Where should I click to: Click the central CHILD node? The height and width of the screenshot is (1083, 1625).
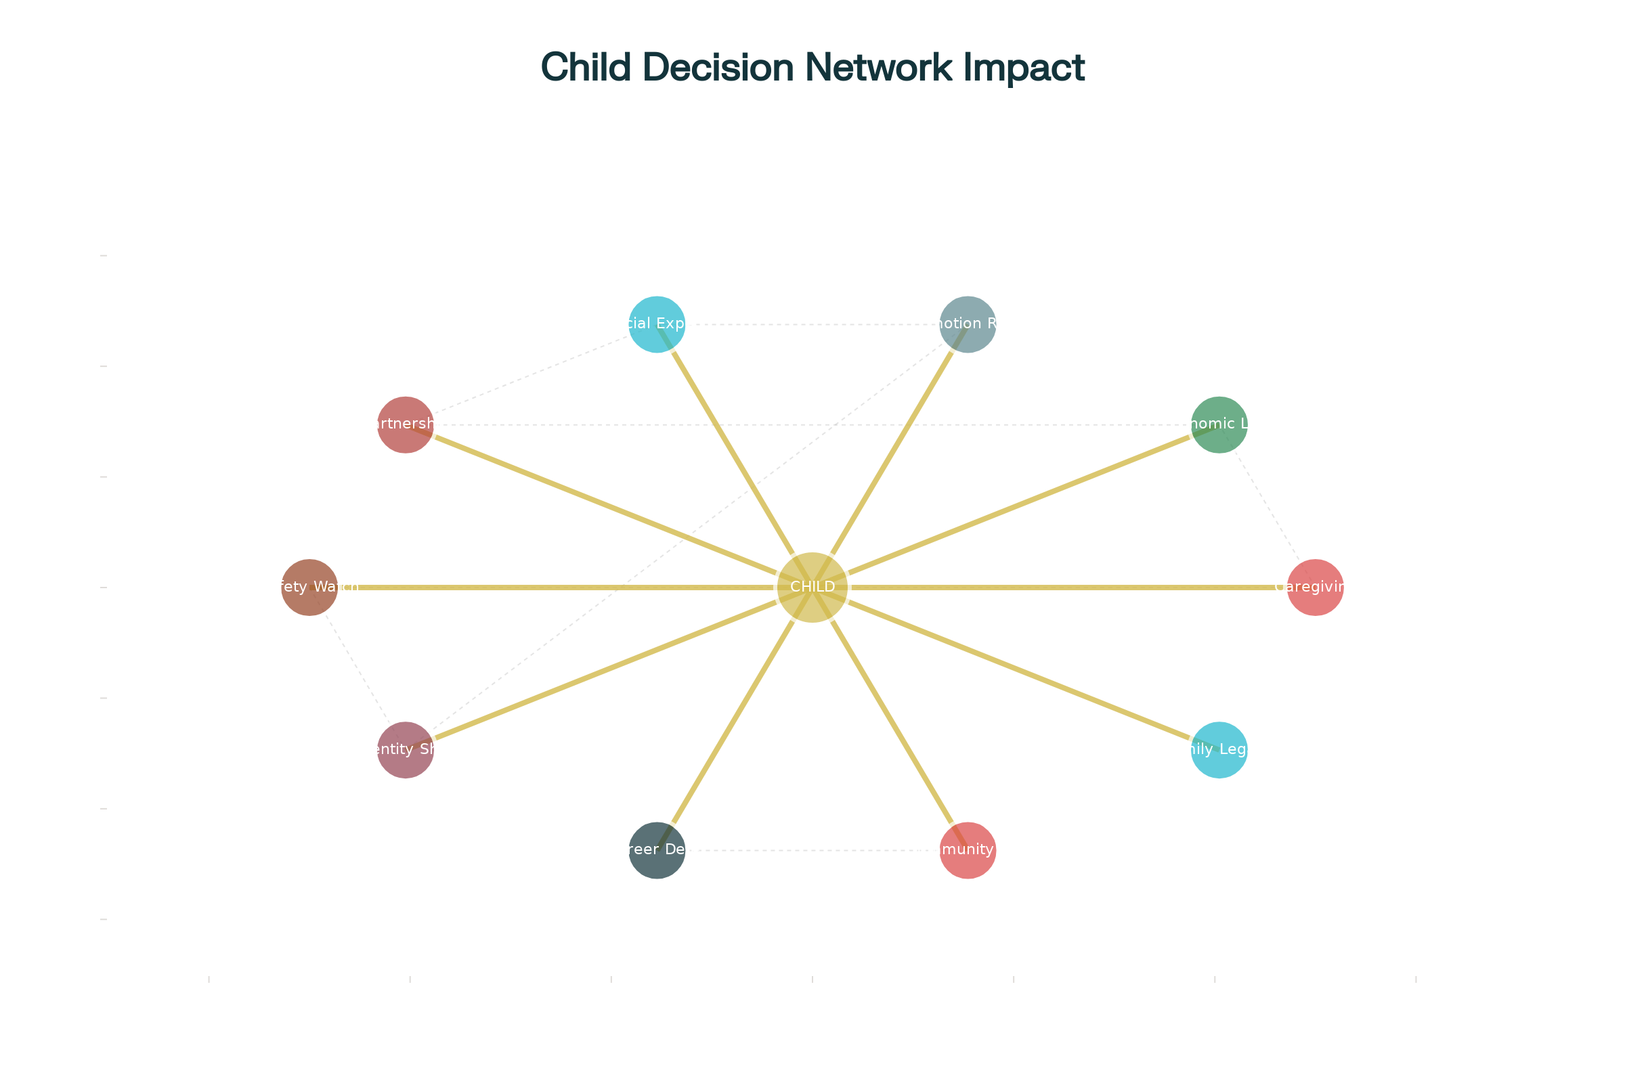pyautogui.click(x=812, y=587)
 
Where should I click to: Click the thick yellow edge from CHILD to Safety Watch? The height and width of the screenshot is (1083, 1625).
pyautogui.click(x=552, y=587)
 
